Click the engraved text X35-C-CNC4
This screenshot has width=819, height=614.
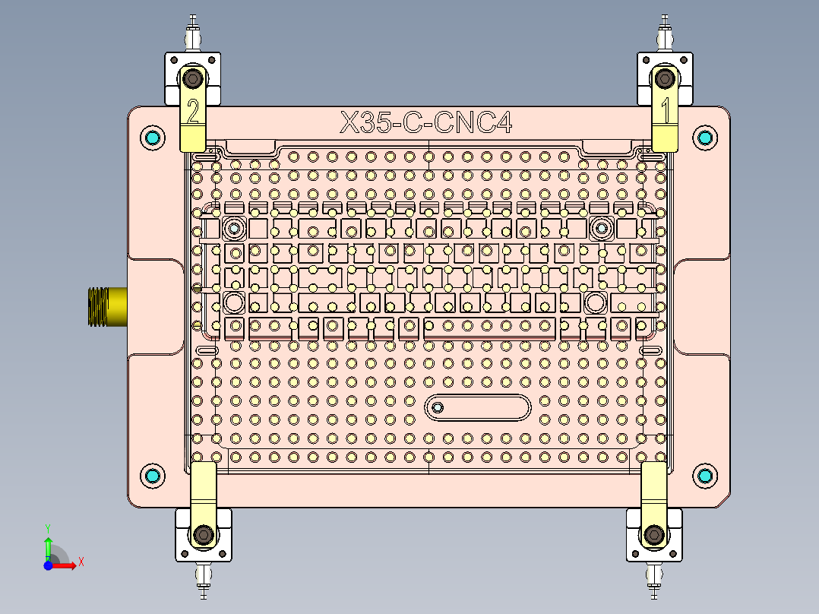click(x=425, y=122)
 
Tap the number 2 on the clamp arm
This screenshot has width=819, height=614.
click(x=193, y=112)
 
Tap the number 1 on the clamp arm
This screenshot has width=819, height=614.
click(x=666, y=112)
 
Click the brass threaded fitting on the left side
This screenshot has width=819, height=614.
click(x=105, y=305)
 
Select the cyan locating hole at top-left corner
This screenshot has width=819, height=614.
click(x=153, y=138)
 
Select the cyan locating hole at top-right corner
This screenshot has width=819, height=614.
click(x=705, y=138)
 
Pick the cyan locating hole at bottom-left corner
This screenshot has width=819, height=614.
click(x=153, y=476)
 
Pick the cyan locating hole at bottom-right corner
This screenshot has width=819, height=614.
click(x=705, y=476)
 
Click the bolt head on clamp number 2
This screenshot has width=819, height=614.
click(x=193, y=78)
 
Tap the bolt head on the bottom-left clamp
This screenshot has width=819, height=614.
click(x=202, y=535)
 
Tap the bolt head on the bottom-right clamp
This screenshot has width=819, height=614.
click(x=653, y=535)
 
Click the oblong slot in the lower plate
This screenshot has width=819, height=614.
click(x=478, y=408)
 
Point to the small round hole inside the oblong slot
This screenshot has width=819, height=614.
click(x=437, y=408)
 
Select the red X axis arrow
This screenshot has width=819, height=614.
click(x=69, y=564)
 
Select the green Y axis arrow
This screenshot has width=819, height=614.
click(x=48, y=544)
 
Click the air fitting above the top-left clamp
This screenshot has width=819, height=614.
click(x=194, y=35)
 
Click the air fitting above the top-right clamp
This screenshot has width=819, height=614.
click(x=666, y=33)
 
